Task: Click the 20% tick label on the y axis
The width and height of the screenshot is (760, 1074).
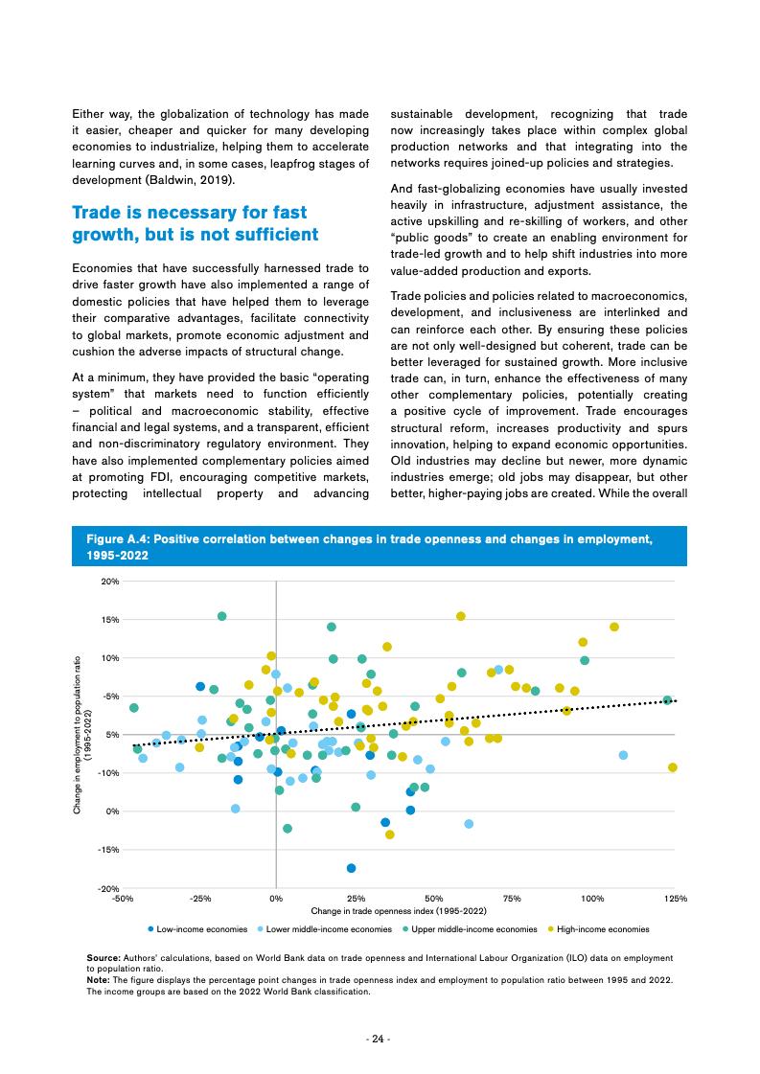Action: pyautogui.click(x=107, y=582)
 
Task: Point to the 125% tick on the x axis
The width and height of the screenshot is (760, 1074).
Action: pyautogui.click(x=675, y=900)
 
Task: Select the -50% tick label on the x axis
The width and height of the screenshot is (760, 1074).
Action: pyautogui.click(x=123, y=900)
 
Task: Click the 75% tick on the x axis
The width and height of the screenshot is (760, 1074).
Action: pyautogui.click(x=511, y=900)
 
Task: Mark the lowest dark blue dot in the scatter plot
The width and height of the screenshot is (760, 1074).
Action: pyautogui.click(x=352, y=868)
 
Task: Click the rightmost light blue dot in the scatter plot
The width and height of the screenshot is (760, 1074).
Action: pyautogui.click(x=624, y=755)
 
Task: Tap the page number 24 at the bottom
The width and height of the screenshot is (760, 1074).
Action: pyautogui.click(x=380, y=1040)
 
